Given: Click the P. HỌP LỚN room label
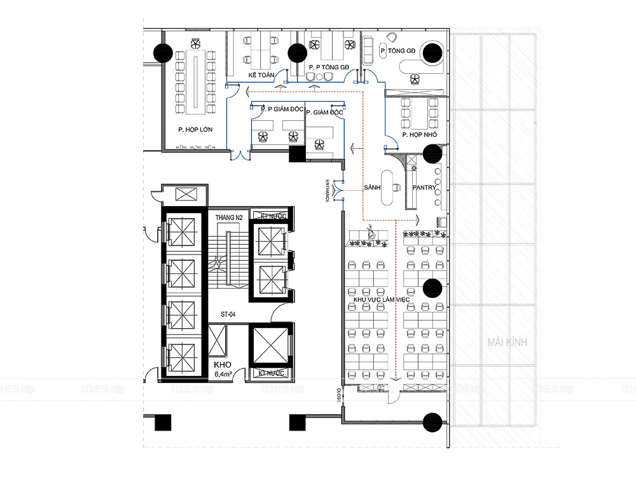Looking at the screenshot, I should pyautogui.click(x=195, y=130).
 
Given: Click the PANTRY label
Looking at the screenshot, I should pyautogui.click(x=424, y=188).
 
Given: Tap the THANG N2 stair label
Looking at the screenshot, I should pyautogui.click(x=229, y=218).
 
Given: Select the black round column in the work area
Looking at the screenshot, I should pyautogui.click(x=432, y=288).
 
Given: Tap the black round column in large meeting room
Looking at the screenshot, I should pyautogui.click(x=163, y=51).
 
